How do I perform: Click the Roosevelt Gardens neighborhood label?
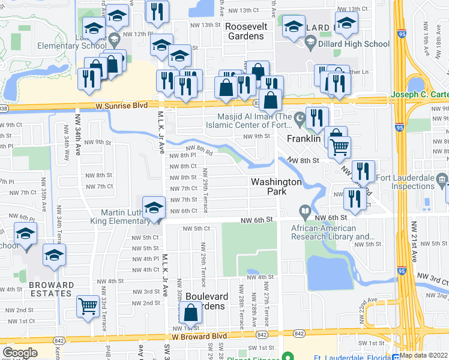coord(244,31)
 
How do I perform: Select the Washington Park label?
coord(276,186)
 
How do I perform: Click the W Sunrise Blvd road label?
coord(121,106)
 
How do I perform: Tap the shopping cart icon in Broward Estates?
coord(88,306)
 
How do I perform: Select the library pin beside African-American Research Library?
coord(305,211)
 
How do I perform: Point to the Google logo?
coord(20,353)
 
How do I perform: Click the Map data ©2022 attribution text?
coord(424,355)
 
